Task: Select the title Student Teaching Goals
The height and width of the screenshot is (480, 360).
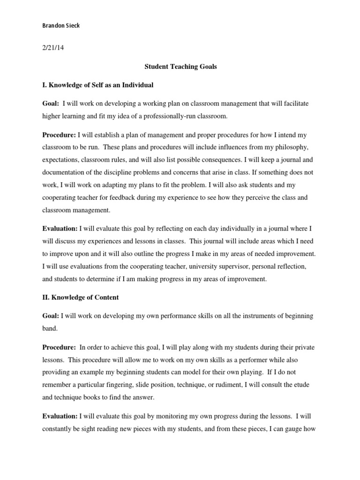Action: click(180, 67)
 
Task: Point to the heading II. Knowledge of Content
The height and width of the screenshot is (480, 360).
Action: click(82, 297)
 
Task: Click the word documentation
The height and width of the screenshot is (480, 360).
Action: click(64, 172)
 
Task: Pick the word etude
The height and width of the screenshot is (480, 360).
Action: click(302, 384)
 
